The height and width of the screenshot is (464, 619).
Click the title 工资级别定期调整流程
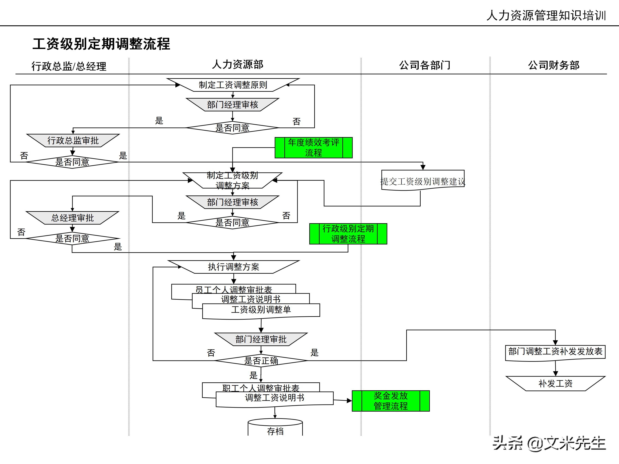click(101, 44)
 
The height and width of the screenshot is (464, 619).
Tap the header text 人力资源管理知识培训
click(546, 15)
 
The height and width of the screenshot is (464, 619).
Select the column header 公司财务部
click(553, 65)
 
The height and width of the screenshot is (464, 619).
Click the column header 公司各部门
click(424, 65)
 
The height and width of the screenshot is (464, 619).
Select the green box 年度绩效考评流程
click(313, 148)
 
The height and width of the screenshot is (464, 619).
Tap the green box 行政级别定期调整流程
click(348, 234)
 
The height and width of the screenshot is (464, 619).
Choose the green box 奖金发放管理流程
click(391, 401)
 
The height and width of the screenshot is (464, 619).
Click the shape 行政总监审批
click(73, 140)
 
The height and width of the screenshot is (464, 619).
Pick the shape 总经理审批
click(72, 218)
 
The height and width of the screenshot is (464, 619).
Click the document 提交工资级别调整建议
click(423, 181)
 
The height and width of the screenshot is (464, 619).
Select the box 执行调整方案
click(233, 267)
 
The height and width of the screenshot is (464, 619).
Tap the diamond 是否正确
click(261, 360)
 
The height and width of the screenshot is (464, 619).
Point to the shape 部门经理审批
click(261, 339)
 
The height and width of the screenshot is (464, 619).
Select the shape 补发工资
click(555, 383)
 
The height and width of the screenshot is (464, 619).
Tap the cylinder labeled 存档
click(275, 428)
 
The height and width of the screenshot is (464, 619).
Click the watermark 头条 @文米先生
click(549, 443)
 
